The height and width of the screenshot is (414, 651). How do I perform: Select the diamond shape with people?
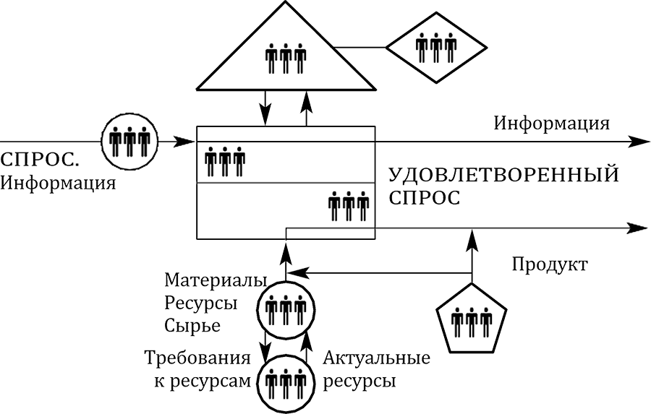click(x=435, y=48)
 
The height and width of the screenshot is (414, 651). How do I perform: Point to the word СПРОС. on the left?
click(x=40, y=159)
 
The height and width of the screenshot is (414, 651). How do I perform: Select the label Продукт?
click(x=549, y=264)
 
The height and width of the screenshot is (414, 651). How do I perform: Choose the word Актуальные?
click(x=376, y=358)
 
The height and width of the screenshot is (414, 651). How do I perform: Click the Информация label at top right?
click(x=551, y=122)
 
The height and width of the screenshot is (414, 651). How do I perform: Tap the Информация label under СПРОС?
click(x=59, y=182)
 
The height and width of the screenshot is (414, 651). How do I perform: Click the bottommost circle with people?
click(x=286, y=382)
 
